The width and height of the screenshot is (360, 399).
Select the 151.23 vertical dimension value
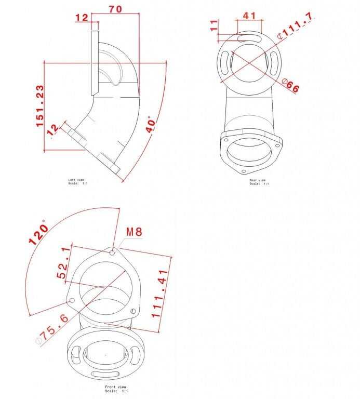click(x=40, y=107)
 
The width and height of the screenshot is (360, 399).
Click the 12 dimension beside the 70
click(x=82, y=18)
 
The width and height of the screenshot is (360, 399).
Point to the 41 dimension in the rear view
click(x=250, y=16)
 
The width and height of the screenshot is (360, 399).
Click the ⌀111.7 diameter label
click(x=295, y=26)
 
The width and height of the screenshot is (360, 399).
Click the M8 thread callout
click(x=134, y=232)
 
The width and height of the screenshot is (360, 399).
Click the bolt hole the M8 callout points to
click(x=113, y=252)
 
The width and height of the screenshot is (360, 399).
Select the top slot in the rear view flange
click(x=248, y=37)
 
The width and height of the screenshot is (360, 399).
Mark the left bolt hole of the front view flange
click(x=72, y=300)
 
